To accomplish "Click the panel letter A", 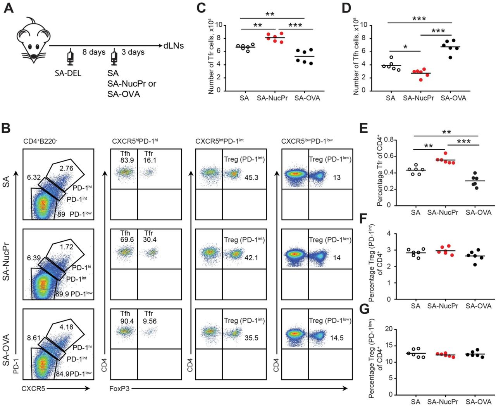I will [8, 7].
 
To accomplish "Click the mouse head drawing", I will [33, 39].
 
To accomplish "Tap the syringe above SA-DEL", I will [70, 57].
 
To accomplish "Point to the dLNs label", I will [174, 46].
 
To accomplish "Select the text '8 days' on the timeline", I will [94, 52].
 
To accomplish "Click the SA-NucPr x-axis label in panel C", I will [272, 98].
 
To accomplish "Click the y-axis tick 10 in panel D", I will [363, 25].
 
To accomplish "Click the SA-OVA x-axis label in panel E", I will [478, 212].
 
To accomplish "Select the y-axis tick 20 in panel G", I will [389, 329].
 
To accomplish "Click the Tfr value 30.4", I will [150, 240].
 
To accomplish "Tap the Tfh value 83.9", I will [125, 160].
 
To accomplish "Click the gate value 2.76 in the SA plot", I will [66, 168].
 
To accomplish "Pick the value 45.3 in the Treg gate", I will [251, 177].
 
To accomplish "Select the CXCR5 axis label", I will [33, 388].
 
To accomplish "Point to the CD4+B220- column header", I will [40, 141].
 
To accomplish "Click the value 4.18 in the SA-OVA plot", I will [66, 327].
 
